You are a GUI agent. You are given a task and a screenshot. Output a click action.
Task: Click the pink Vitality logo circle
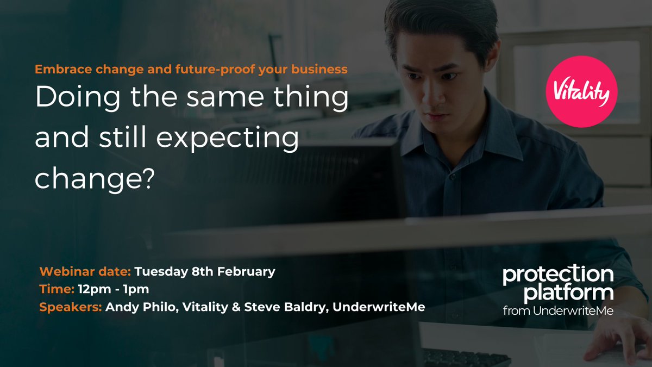(x=582, y=91)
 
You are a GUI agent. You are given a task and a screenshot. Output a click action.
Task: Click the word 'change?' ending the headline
(x=92, y=178)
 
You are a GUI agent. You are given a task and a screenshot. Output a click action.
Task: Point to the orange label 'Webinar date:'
(x=85, y=271)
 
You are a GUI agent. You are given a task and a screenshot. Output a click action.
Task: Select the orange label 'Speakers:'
(x=71, y=307)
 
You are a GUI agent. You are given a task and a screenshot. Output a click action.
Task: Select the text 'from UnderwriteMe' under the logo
(x=557, y=311)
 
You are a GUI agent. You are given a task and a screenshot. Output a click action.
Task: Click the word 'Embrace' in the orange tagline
(x=59, y=70)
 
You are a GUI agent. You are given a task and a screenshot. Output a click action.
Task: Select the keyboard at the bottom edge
(x=467, y=358)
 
